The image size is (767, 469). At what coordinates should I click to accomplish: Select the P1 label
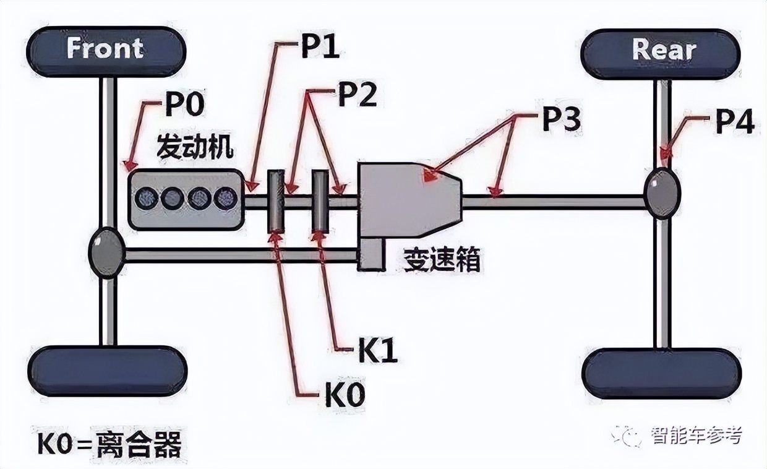pyautogui.click(x=320, y=48)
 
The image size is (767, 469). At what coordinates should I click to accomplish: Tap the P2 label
pyautogui.click(x=357, y=96)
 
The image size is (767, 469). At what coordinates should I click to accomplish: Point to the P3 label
pyautogui.click(x=561, y=121)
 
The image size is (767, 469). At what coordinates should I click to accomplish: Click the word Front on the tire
pyautogui.click(x=105, y=49)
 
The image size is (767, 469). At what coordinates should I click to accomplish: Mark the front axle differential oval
pyautogui.click(x=106, y=252)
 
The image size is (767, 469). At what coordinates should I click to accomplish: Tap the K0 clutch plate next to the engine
pyautogui.click(x=276, y=202)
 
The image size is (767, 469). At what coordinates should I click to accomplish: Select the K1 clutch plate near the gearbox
pyautogui.click(x=320, y=202)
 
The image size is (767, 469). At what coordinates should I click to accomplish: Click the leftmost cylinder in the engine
pyautogui.click(x=147, y=198)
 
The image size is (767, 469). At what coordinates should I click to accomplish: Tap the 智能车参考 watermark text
pyautogui.click(x=695, y=436)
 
